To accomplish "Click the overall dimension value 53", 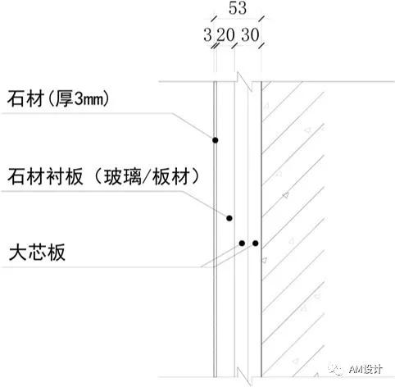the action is tap(238, 8).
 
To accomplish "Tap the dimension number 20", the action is tap(226, 35).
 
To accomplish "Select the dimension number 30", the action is tap(250, 35).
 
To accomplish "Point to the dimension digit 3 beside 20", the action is tap(207, 35).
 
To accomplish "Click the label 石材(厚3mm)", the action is tap(58, 98).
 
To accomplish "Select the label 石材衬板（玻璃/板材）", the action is tap(104, 176).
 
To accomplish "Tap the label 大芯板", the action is tap(37, 253).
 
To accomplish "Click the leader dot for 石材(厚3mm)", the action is tap(216, 140).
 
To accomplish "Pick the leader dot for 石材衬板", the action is tap(229, 218).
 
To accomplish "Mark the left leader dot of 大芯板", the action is tap(242, 243).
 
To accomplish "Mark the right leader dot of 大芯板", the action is tap(256, 243).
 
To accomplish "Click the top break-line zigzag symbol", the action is tap(244, 81).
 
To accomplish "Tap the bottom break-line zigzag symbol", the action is tap(244, 377).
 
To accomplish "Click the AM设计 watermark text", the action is tap(365, 370).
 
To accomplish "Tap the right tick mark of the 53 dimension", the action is tap(261, 19).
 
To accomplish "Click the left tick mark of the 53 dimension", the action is tap(214, 19).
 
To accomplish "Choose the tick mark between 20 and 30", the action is tap(234, 46).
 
